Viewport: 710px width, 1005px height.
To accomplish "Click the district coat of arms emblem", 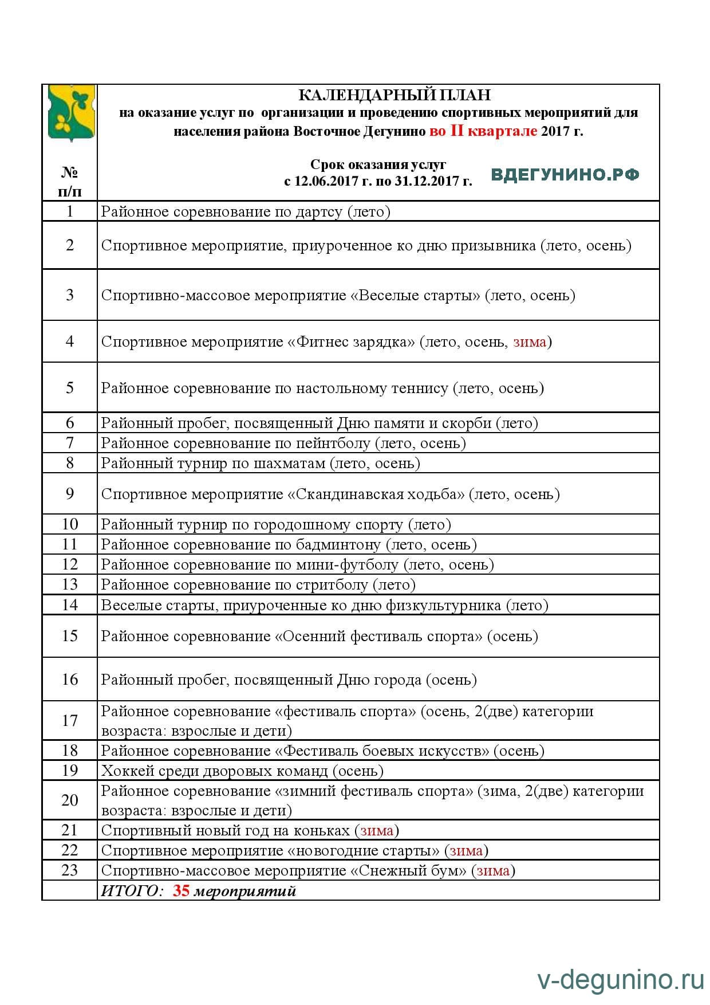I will click(70, 113).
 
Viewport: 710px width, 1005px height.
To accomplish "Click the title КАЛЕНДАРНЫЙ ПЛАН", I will click(395, 95).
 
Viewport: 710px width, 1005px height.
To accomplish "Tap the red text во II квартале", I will click(483, 131).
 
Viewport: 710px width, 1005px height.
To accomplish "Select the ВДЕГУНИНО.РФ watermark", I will click(565, 175).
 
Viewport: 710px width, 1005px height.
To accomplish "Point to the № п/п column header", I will click(69, 181).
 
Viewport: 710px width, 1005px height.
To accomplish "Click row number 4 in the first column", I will click(70, 341).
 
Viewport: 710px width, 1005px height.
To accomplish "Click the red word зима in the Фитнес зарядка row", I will click(530, 342).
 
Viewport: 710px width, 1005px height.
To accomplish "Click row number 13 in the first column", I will click(70, 584).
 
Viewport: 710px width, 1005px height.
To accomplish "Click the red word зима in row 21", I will click(376, 830).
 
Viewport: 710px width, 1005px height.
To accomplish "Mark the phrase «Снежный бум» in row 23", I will click(408, 870).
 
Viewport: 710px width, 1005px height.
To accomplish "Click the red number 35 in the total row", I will click(181, 891).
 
